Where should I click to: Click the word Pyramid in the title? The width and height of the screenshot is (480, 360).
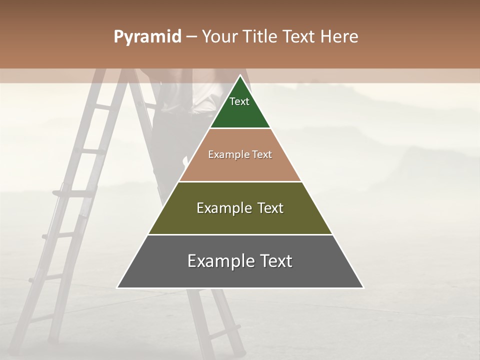pos(147,37)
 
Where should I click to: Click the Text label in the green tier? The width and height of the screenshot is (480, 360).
pos(239,101)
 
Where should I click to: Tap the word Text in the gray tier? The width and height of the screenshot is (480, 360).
pos(274,261)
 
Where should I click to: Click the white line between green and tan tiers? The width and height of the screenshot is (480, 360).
pos(240,128)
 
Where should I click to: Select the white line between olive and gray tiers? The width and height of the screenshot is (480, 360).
pos(240,234)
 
